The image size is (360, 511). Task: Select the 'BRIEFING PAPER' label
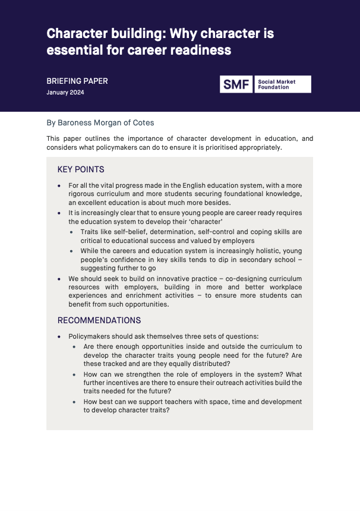point(77,81)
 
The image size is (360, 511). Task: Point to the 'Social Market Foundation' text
point(276,84)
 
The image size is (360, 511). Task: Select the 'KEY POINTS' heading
point(81,169)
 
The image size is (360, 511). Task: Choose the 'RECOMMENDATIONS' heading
point(99,320)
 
